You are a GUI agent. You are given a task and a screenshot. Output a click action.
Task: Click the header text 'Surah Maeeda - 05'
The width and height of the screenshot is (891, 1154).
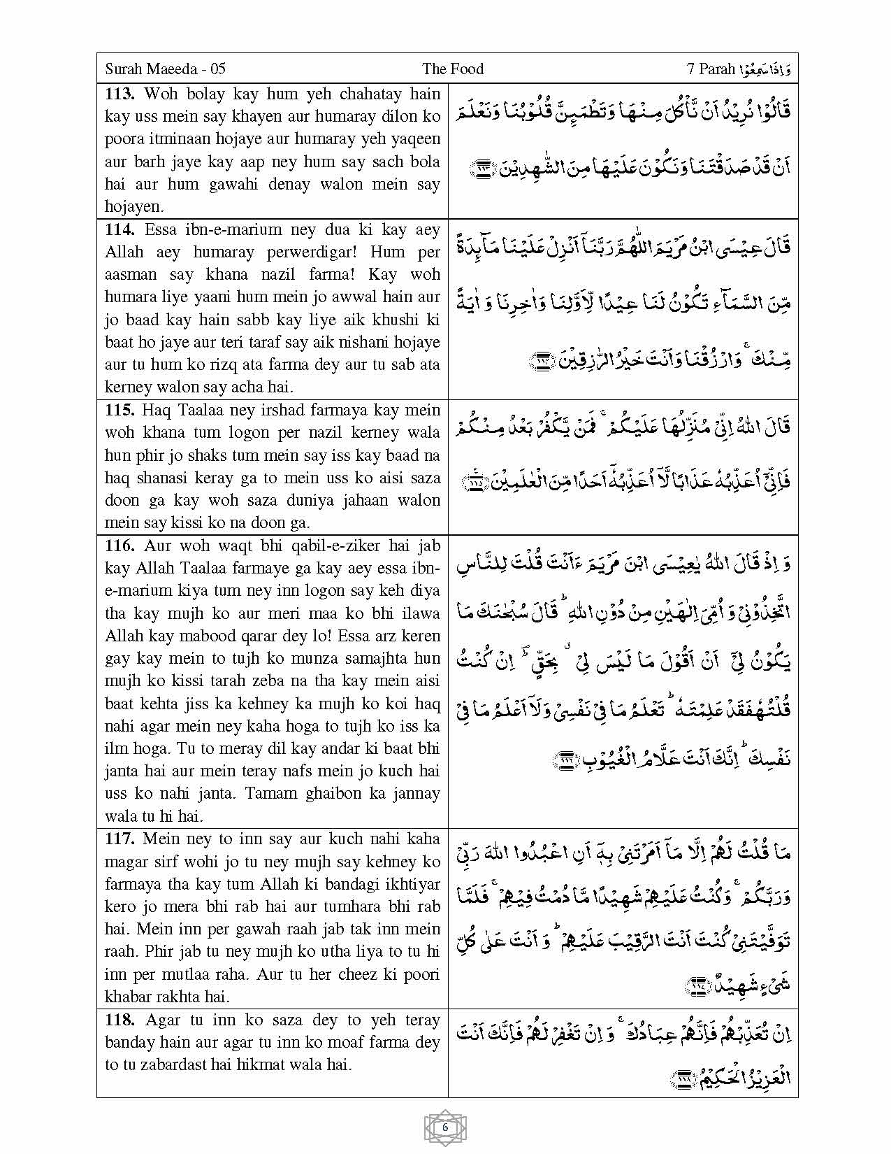165,69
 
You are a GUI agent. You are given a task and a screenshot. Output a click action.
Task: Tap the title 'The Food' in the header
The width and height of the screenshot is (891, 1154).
453,69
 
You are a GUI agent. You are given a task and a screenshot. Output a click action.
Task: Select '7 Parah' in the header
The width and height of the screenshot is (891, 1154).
711,69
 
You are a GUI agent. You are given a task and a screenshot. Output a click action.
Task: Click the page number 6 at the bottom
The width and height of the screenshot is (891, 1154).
445,1127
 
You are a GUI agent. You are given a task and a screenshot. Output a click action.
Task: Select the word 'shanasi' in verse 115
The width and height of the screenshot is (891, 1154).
155,478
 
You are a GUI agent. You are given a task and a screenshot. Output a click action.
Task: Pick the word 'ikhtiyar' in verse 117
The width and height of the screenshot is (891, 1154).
412,884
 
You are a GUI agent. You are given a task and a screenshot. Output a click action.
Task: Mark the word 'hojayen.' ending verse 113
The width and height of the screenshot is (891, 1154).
133,206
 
